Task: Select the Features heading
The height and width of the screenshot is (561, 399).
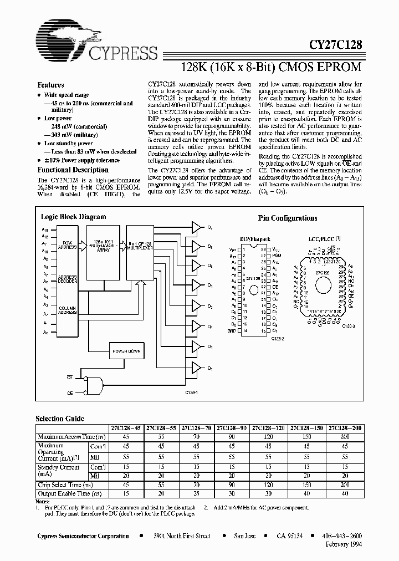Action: coord(50,85)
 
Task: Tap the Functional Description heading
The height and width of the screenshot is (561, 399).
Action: coord(73,170)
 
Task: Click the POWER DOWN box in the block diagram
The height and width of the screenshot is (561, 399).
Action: coord(127,351)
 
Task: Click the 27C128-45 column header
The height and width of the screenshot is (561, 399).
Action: coord(127,427)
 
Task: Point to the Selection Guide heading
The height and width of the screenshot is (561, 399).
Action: coord(60,419)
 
